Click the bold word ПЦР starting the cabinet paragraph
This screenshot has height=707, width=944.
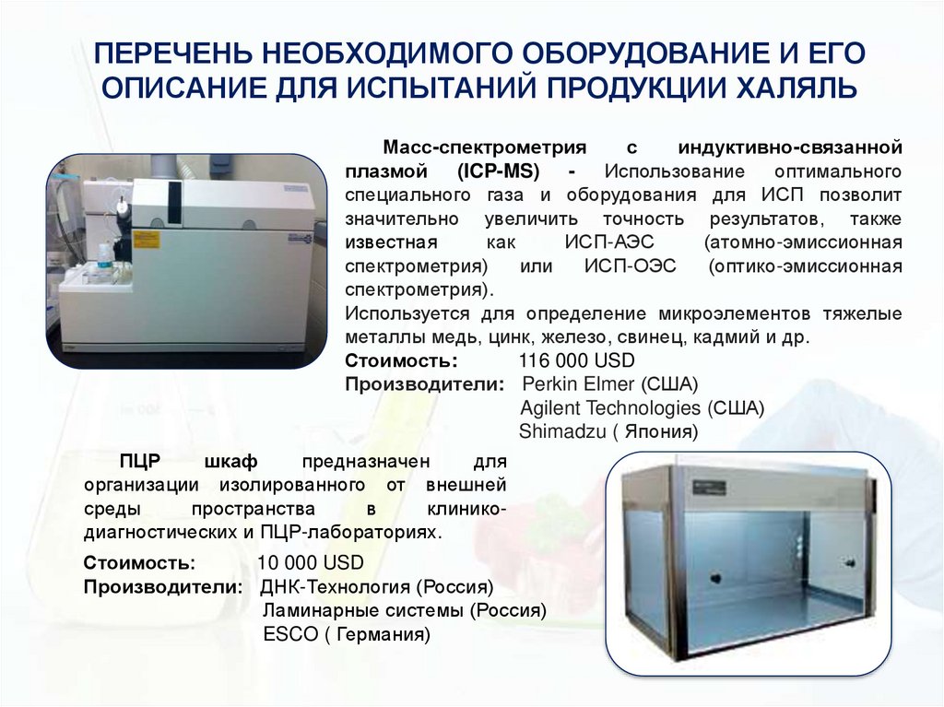[x=137, y=462]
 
